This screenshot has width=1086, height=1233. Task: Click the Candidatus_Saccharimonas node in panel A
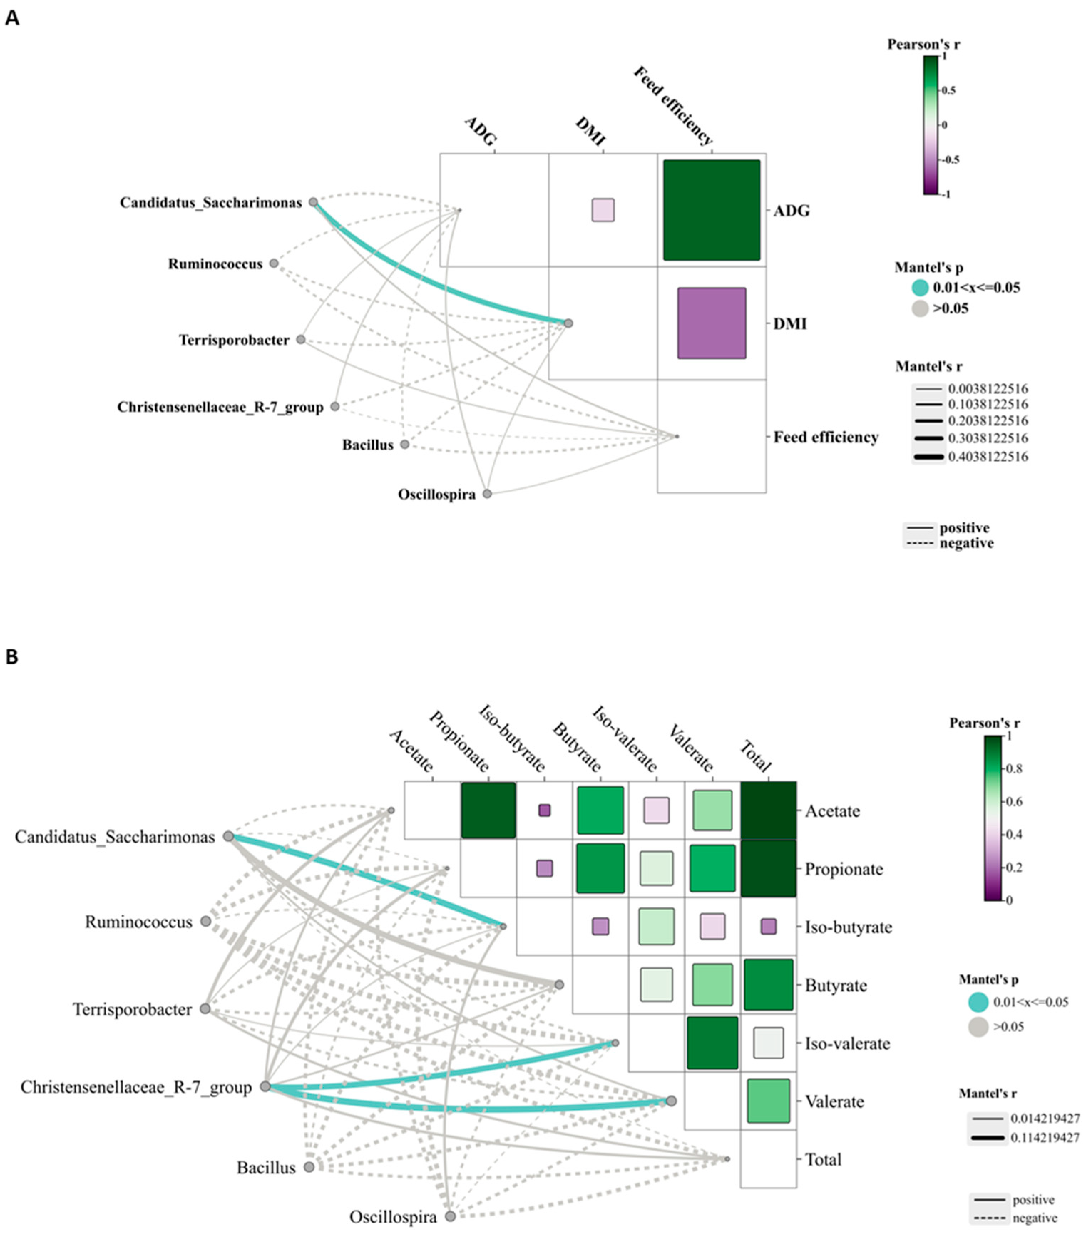coord(313,202)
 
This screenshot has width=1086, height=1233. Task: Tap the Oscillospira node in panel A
coord(487,493)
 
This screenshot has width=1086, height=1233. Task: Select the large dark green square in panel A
coord(711,210)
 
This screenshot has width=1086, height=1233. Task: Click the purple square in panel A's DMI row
coord(711,323)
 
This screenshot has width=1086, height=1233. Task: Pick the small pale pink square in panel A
coord(603,210)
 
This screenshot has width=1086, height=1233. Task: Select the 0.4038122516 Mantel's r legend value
coord(988,457)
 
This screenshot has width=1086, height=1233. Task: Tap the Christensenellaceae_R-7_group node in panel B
coord(265,1086)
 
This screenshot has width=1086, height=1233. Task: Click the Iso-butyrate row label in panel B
coord(848,927)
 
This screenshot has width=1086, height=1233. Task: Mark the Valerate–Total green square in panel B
coord(768,1101)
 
